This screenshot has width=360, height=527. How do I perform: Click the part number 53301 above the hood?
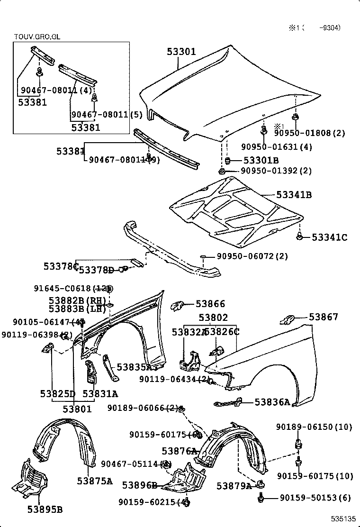tap(181, 52)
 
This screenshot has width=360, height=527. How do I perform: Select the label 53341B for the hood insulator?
tap(294, 195)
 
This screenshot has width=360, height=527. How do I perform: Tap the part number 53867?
tap(324, 317)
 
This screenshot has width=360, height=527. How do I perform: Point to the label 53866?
tap(210, 304)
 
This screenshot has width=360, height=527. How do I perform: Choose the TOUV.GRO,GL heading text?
tap(36, 36)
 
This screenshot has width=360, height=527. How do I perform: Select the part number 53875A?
tap(95, 482)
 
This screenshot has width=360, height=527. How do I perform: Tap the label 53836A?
tap(272, 402)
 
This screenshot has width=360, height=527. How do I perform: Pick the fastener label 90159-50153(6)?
tap(315, 498)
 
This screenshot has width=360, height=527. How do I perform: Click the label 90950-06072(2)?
tap(252, 256)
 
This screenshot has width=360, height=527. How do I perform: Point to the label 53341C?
tap(330, 237)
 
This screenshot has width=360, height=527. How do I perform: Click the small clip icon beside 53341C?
tap(299, 236)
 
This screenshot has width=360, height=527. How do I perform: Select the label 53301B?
tap(261, 160)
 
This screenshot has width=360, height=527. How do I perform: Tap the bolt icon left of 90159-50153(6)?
tap(261, 498)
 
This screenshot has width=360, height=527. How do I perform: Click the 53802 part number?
tap(213, 318)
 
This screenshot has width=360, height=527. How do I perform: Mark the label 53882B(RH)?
tap(77, 300)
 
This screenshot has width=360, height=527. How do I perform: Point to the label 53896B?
tap(139, 485)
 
